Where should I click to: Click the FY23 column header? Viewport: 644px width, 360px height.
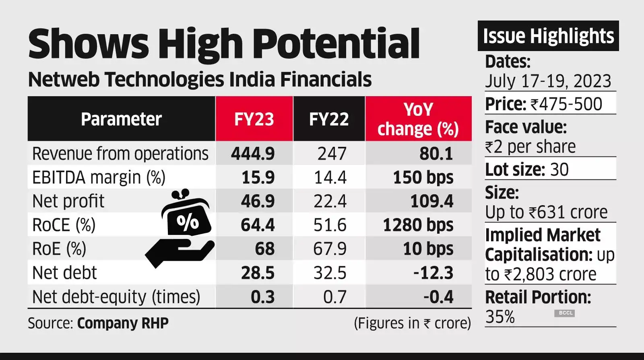pyautogui.click(x=254, y=119)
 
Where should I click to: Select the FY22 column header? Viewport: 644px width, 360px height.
pyautogui.click(x=329, y=119)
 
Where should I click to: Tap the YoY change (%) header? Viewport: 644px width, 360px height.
pyautogui.click(x=418, y=119)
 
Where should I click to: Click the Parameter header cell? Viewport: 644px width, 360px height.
pyautogui.click(x=121, y=119)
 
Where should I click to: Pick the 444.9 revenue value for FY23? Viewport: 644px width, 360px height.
pyautogui.click(x=253, y=154)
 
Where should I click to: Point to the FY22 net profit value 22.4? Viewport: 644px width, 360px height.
pyautogui.click(x=330, y=201)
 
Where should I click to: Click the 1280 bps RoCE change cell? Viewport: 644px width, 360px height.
pyautogui.click(x=418, y=225)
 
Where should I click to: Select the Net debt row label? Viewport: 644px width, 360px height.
pyautogui.click(x=64, y=273)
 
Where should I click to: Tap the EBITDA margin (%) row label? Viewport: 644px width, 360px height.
pyautogui.click(x=99, y=177)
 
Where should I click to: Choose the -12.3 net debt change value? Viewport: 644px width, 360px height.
pyautogui.click(x=433, y=273)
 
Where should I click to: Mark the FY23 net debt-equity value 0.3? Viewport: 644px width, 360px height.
pyautogui.click(x=262, y=297)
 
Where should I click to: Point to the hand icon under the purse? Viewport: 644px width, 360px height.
pyautogui.click(x=179, y=251)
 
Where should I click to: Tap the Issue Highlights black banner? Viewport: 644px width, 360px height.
pyautogui.click(x=548, y=36)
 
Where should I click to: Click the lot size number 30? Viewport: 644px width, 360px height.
pyautogui.click(x=559, y=169)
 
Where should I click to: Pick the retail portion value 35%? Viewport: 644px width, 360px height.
pyautogui.click(x=500, y=317)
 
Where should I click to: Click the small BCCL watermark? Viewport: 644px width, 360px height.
pyautogui.click(x=566, y=313)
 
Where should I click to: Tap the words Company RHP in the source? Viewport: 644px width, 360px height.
pyautogui.click(x=123, y=323)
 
